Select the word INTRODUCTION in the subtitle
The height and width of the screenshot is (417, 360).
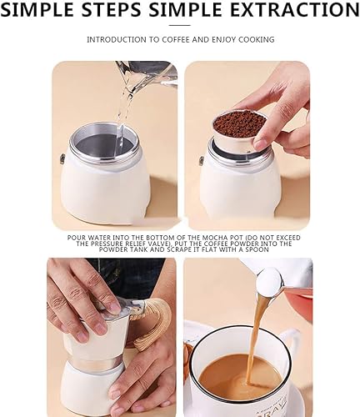(117, 39)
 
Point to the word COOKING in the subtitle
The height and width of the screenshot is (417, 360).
(257, 39)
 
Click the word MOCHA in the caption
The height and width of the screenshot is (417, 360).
(187, 237)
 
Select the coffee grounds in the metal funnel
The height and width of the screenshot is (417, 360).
(238, 124)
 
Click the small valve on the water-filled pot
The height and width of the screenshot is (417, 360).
(62, 158)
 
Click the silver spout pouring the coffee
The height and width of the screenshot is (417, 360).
(275, 279)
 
